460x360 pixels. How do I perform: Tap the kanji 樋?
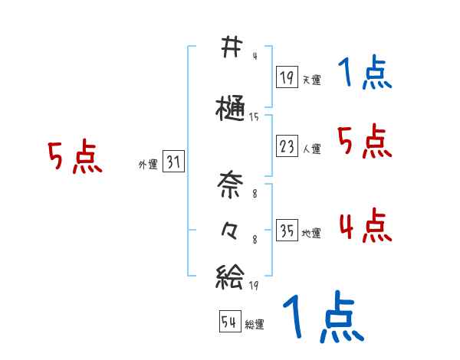(x=229, y=110)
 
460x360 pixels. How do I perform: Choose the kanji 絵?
(x=229, y=275)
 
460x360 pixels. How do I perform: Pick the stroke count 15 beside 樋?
(x=254, y=117)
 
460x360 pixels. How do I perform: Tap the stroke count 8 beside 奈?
(x=254, y=194)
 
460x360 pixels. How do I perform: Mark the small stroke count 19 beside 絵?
(x=254, y=285)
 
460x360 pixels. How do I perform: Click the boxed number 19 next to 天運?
(x=287, y=78)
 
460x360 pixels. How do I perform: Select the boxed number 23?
(x=287, y=147)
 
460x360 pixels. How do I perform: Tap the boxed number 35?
(x=287, y=231)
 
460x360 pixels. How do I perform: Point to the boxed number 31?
(x=173, y=162)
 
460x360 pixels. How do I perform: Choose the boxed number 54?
(x=229, y=322)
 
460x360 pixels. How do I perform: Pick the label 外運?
(x=147, y=165)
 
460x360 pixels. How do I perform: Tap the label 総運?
(x=255, y=325)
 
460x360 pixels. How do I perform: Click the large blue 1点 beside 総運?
(x=322, y=318)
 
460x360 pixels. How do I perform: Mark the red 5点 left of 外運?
(x=74, y=158)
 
